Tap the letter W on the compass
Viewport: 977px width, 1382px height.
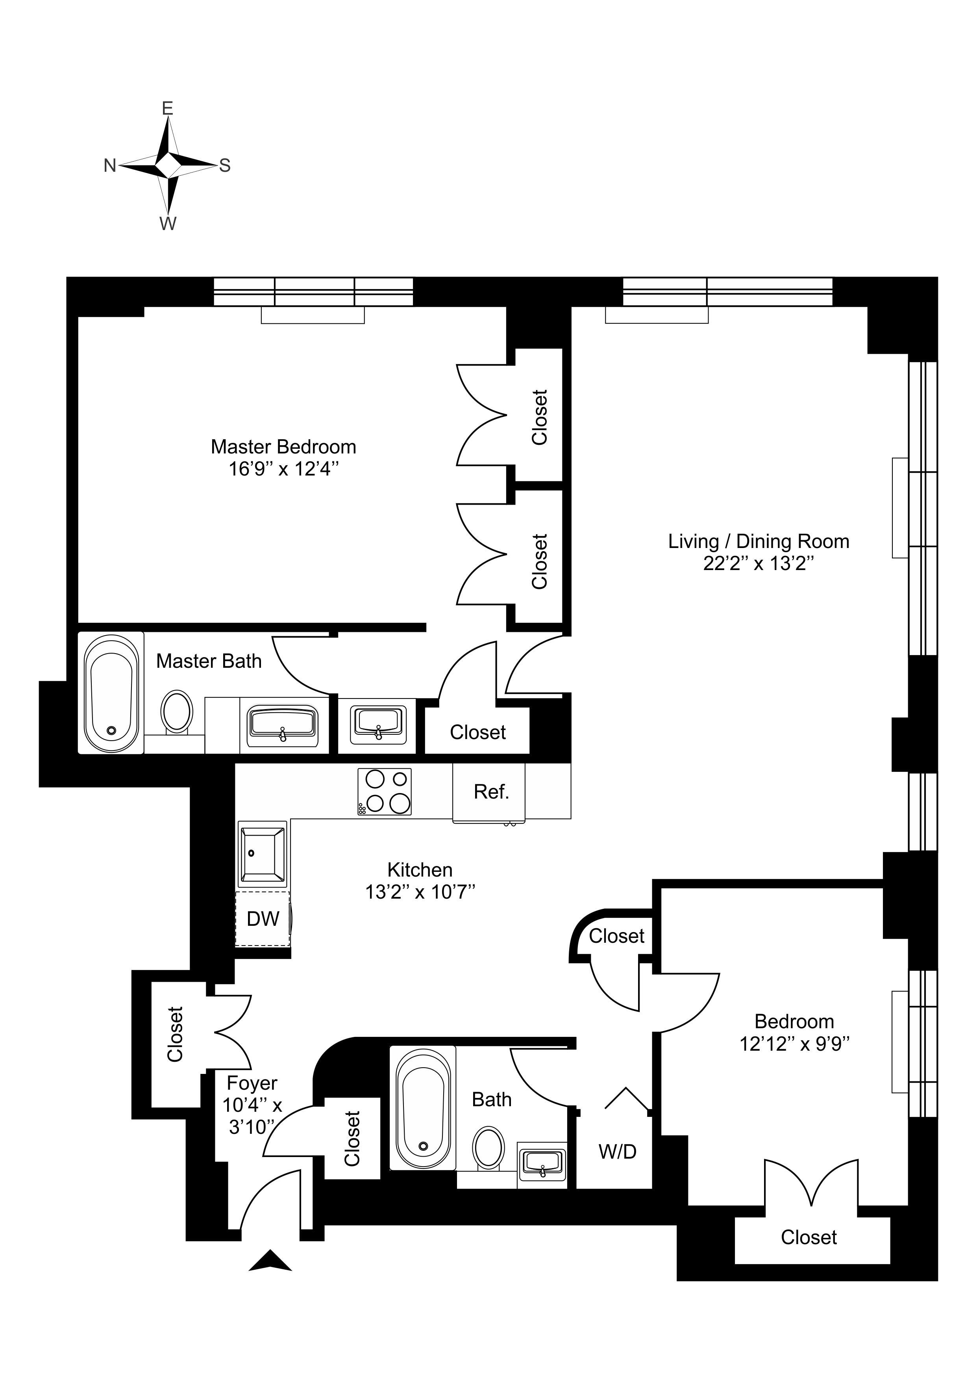(168, 224)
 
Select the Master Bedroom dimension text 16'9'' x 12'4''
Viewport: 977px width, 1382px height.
(284, 469)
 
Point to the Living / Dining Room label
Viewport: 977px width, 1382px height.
(759, 541)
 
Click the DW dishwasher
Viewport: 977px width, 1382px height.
(263, 919)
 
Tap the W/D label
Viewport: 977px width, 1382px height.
(617, 1152)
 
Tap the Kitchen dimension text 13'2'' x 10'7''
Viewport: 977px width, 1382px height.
(420, 892)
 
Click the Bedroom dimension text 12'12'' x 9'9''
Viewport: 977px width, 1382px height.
(794, 1043)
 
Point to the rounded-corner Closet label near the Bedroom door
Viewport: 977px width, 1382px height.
(617, 936)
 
